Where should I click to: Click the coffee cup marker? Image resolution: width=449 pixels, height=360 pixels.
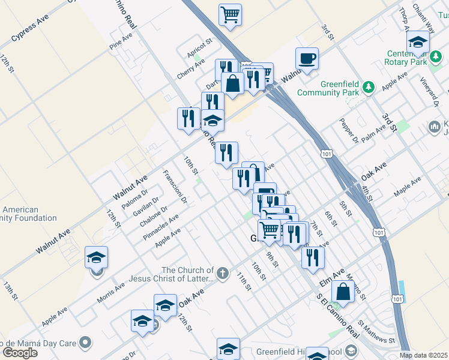click(x=307, y=59)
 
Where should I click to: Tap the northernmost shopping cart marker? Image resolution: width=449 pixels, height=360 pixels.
click(x=231, y=15)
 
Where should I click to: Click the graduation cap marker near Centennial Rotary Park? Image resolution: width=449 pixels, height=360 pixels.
click(x=418, y=43)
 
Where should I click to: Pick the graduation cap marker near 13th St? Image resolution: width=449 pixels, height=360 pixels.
click(x=96, y=258)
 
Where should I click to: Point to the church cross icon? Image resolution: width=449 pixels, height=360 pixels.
click(x=223, y=274)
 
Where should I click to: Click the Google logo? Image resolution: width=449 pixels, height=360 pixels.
click(x=20, y=353)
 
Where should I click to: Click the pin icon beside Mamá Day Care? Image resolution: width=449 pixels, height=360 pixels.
click(x=86, y=343)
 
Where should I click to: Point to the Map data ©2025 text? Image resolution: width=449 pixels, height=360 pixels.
click(x=424, y=355)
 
